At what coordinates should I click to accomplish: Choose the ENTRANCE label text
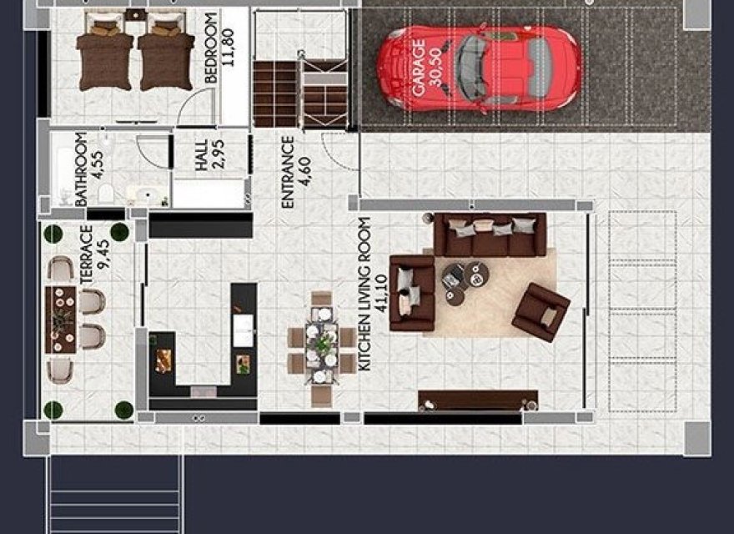[288, 172]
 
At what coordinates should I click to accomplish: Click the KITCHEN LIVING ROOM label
[364, 294]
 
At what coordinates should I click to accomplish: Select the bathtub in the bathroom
[63, 176]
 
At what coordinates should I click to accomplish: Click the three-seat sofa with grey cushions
[491, 234]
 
